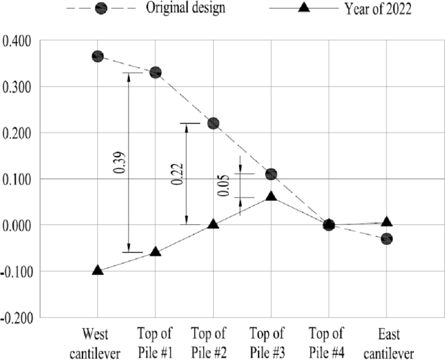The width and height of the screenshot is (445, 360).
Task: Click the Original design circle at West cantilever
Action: click(97, 57)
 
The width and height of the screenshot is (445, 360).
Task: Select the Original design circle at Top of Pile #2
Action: click(213, 123)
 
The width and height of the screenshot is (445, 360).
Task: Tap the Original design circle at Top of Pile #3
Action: click(271, 174)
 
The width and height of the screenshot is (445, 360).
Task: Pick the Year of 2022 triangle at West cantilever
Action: click(97, 270)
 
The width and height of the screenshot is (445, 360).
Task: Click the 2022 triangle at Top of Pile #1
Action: click(155, 251)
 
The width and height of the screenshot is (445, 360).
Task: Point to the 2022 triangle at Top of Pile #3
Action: click(271, 196)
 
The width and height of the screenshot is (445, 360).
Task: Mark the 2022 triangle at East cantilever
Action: click(387, 222)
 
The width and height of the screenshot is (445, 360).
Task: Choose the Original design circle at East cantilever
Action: click(387, 239)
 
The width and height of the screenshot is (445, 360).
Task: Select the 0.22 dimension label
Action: click(175, 174)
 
